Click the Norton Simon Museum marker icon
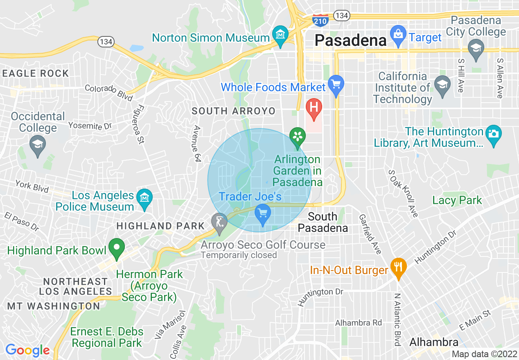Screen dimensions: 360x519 [280, 34]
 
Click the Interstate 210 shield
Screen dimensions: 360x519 [320, 19]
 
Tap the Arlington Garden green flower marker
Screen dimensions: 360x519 [298, 136]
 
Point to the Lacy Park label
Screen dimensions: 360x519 [457, 200]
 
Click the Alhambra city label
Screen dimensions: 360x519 [433, 342]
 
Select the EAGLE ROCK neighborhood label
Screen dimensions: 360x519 [36, 74]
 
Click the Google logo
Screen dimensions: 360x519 [27, 350]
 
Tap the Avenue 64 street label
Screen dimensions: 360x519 [197, 144]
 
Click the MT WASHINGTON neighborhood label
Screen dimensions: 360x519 [54, 306]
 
